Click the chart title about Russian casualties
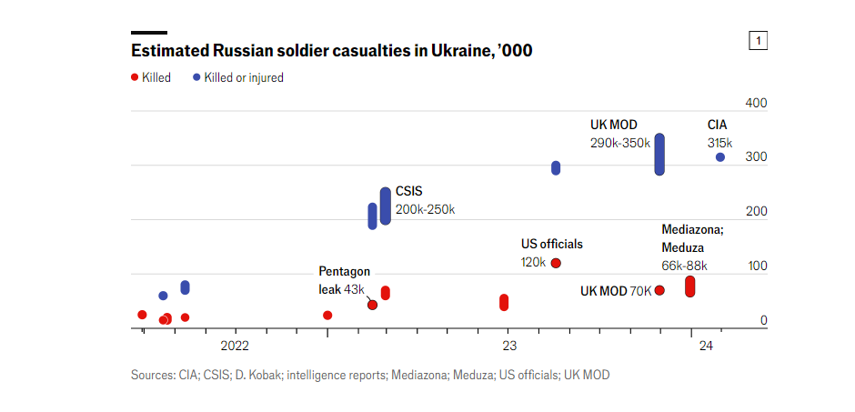pos(331,50)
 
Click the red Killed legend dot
pos(135,77)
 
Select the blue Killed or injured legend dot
pos(196,77)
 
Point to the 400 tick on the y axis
pos(757,103)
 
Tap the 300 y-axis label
pos(757,157)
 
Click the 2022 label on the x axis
pos(234,346)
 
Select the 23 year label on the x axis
pos(508,346)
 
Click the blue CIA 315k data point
pos(720,157)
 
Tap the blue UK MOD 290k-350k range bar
pos(659,155)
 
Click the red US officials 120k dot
pos(556,263)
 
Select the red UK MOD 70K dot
pos(659,290)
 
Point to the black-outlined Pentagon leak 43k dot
pos(372,305)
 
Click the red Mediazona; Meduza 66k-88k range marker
pos(690,286)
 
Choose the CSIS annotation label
pos(408,192)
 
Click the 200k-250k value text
pos(425,209)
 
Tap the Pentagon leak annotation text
pos(344,279)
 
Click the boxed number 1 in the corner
pos(757,40)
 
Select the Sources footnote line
pos(370,375)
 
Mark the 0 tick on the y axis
pos(764,320)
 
